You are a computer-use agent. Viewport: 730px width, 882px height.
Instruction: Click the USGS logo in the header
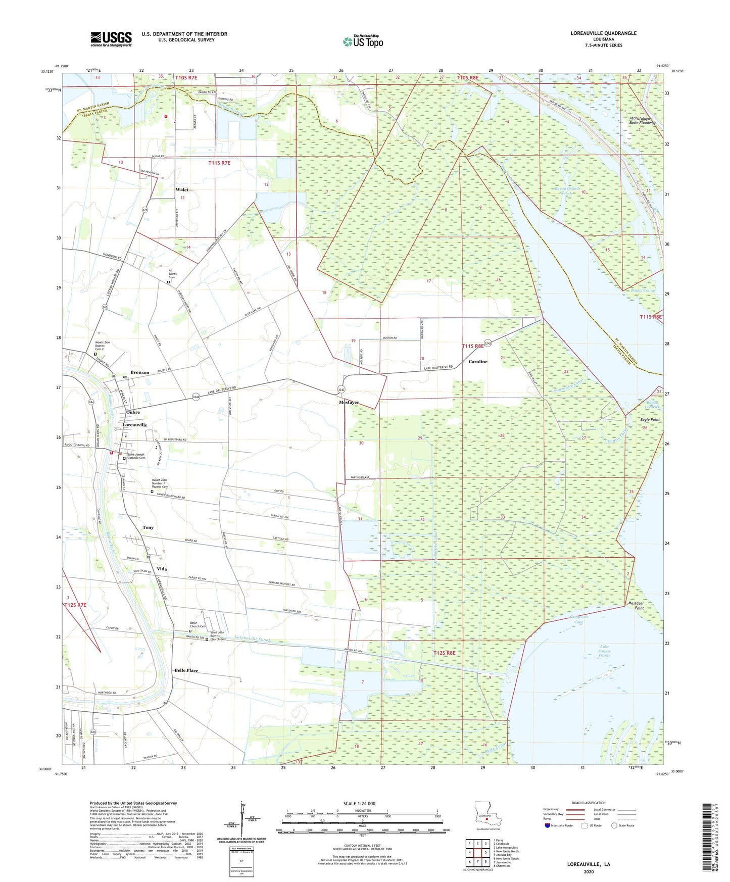(111, 38)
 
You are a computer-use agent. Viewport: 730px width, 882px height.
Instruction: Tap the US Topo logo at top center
(363, 41)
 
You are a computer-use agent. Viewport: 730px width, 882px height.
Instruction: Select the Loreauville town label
(135, 425)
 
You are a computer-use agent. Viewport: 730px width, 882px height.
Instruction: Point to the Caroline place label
(478, 362)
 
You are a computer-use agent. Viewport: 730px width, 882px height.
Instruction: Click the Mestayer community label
(349, 403)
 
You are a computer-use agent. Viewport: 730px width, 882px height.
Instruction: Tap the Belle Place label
(186, 670)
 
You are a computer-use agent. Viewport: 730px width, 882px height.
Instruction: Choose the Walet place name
(182, 190)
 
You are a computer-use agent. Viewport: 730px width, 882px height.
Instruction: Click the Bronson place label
(140, 372)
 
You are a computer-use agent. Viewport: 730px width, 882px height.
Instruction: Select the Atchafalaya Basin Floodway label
(642, 121)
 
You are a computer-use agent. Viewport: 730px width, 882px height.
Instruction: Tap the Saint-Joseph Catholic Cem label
(136, 456)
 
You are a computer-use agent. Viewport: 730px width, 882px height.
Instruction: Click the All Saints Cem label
(172, 274)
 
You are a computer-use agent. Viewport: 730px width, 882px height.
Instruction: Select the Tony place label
(148, 527)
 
